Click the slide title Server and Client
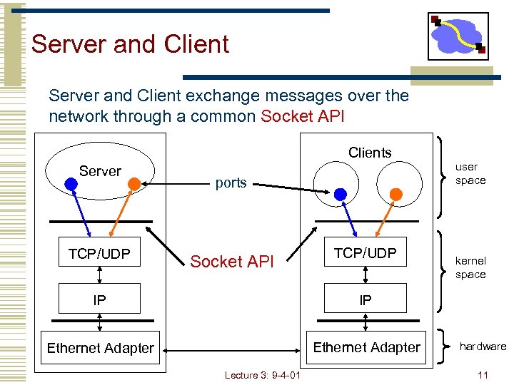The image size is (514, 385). [130, 44]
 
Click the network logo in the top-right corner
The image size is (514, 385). [458, 36]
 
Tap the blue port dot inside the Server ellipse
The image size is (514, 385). [71, 183]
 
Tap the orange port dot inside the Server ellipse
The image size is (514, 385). [133, 183]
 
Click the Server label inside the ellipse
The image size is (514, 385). [100, 171]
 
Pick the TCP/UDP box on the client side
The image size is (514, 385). [365, 252]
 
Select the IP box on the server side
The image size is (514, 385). [99, 300]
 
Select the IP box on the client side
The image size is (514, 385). [365, 300]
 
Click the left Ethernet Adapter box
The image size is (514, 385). [100, 348]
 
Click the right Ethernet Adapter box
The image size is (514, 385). [366, 347]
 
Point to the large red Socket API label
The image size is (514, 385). [231, 262]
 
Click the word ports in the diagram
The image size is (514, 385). [231, 183]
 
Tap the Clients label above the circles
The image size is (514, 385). [370, 153]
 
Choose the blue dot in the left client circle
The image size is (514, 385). [341, 194]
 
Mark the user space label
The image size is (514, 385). [470, 173]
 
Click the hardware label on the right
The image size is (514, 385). [483, 346]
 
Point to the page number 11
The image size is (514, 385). [483, 375]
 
